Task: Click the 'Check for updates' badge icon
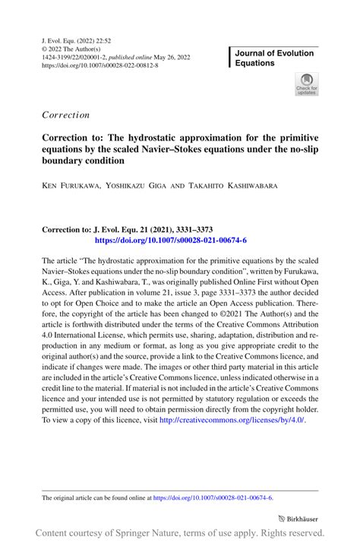pos(308,84)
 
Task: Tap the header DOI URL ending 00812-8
pos(99,65)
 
